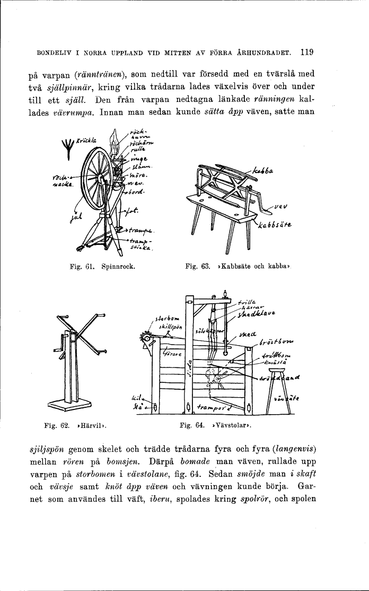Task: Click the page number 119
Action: [307, 52]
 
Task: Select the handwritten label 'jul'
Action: [73, 216]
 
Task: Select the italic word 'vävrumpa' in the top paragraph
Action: [74, 112]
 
